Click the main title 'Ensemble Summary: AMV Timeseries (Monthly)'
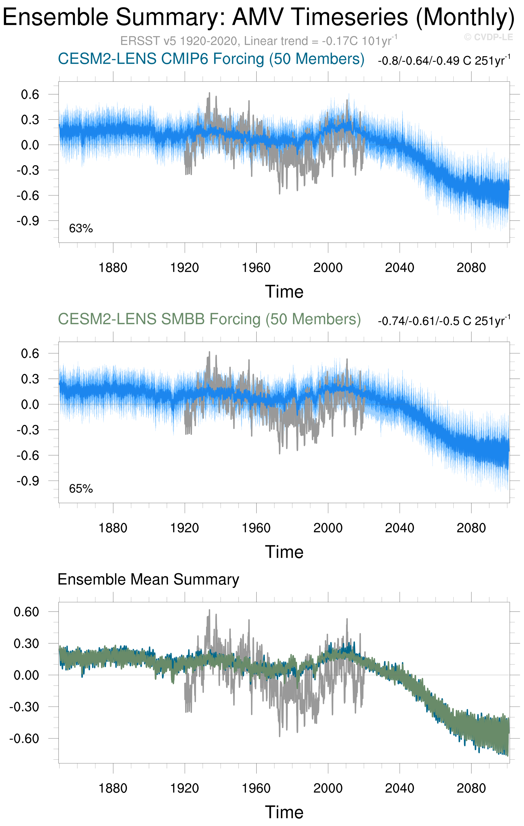point(259,17)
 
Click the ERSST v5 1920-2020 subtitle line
point(259,41)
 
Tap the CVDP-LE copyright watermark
point(488,37)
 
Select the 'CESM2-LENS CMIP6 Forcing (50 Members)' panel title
point(211,59)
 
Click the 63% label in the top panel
point(81,228)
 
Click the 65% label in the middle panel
point(81,489)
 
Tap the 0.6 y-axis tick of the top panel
point(30,94)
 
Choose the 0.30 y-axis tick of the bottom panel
point(26,644)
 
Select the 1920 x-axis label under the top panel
point(184,268)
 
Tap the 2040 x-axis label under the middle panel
point(399,528)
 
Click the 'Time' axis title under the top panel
point(284,292)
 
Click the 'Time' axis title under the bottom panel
point(284,812)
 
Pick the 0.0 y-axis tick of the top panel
point(30,145)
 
